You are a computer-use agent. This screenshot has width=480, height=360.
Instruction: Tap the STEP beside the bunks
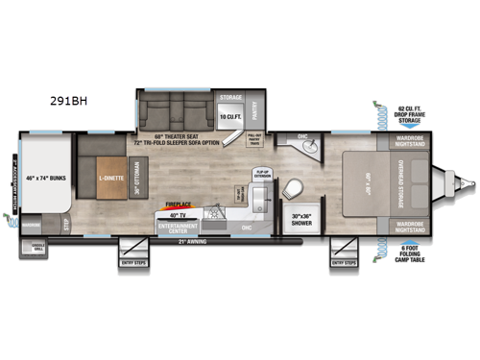coord(68,222)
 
